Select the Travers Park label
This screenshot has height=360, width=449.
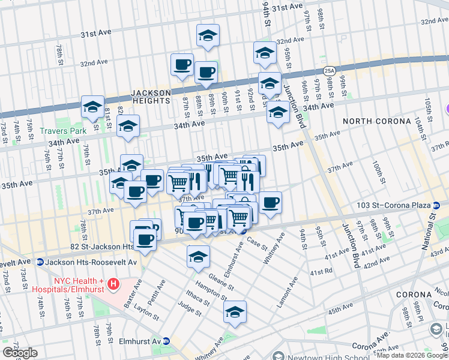[63, 130]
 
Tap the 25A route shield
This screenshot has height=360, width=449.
[329, 71]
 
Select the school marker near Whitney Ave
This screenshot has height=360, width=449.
[235, 313]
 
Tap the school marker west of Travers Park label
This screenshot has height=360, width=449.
[92, 108]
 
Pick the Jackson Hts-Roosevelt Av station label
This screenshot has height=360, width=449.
[88, 262]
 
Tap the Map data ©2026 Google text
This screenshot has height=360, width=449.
[411, 355]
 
